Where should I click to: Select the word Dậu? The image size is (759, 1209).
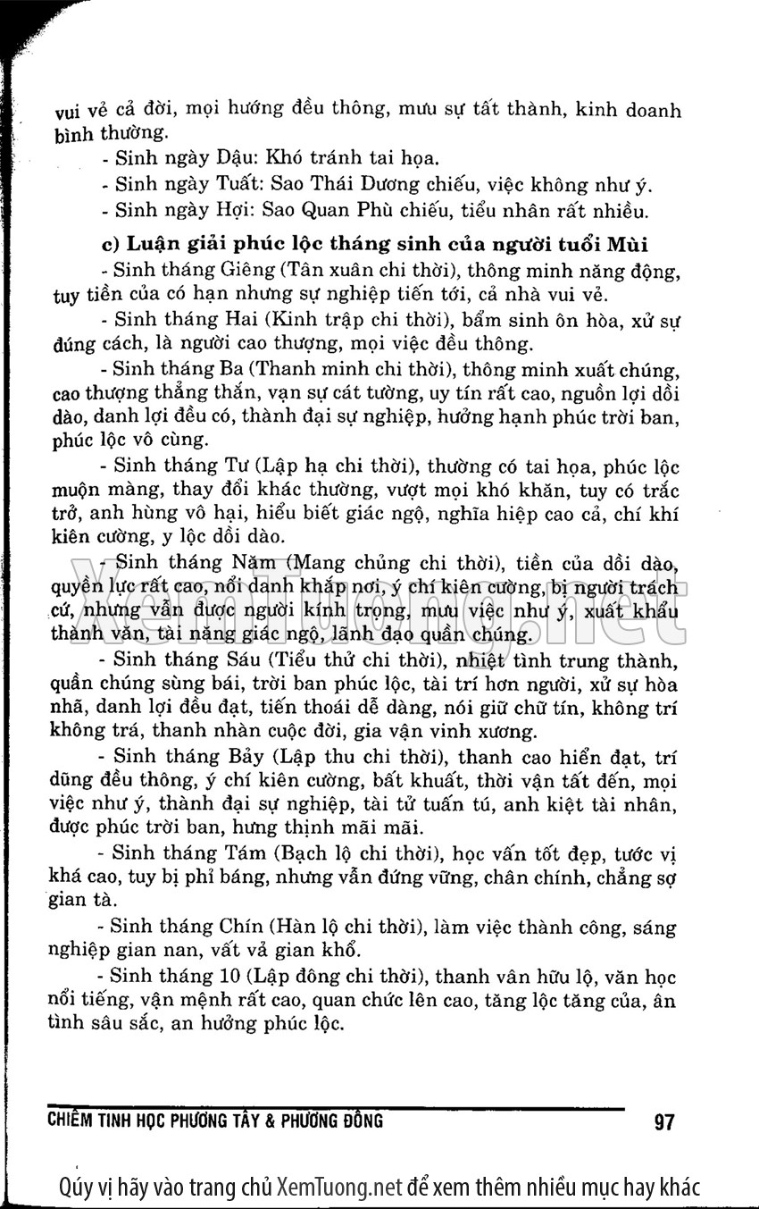pyautogui.click(x=237, y=159)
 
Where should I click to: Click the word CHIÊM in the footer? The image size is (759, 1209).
pyautogui.click(x=70, y=1121)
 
